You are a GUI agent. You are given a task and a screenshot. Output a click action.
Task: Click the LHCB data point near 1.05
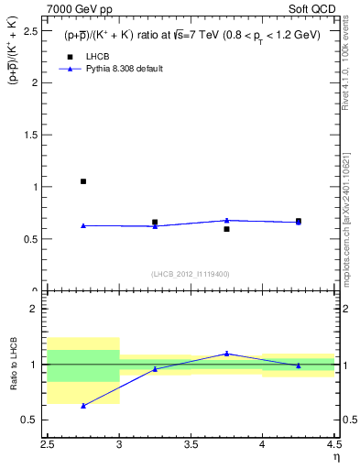(x=83, y=181)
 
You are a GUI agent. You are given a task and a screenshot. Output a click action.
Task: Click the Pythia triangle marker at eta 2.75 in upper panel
(x=83, y=225)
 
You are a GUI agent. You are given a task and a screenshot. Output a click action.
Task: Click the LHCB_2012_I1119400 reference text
(x=191, y=274)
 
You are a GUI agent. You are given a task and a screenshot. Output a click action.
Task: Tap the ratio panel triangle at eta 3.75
(x=226, y=354)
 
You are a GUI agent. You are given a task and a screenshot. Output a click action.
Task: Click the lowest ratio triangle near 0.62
(x=83, y=405)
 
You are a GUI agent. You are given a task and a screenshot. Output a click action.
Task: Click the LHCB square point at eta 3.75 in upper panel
(x=226, y=229)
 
